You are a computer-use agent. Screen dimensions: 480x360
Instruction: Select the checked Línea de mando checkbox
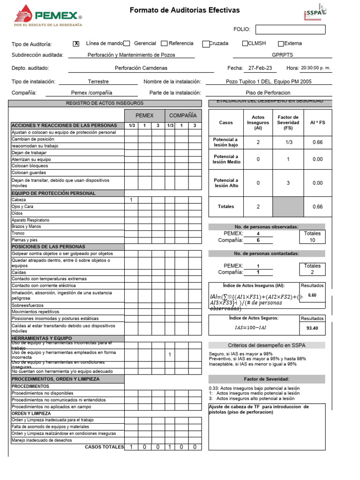pyautogui.click(x=76, y=44)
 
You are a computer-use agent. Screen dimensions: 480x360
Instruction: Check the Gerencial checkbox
pyautogui.click(x=127, y=44)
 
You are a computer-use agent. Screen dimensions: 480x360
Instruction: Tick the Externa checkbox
pyautogui.click(x=281, y=44)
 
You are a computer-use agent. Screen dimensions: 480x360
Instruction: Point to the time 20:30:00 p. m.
pyautogui.click(x=315, y=68)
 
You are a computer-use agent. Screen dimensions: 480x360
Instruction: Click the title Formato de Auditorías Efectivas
pyautogui.click(x=184, y=10)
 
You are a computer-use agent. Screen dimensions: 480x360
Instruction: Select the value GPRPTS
pyautogui.click(x=282, y=55)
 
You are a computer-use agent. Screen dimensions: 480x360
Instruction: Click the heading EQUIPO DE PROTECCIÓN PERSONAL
pyautogui.click(x=53, y=193)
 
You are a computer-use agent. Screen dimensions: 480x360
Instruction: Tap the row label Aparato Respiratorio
pyautogui.click(x=30, y=220)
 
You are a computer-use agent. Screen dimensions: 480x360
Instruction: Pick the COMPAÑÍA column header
pyautogui.click(x=183, y=115)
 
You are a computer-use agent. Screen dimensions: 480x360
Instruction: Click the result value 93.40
pyautogui.click(x=312, y=328)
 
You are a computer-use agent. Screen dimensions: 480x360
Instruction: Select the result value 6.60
pyautogui.click(x=312, y=295)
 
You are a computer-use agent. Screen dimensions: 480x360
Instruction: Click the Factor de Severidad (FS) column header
pyautogui.click(x=288, y=123)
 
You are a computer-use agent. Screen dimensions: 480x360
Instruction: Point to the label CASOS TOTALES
pyautogui.click(x=104, y=447)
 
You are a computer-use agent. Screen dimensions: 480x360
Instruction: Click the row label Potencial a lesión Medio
pyautogui.click(x=226, y=159)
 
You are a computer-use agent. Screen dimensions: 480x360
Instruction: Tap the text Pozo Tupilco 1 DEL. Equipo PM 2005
pyautogui.click(x=269, y=82)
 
